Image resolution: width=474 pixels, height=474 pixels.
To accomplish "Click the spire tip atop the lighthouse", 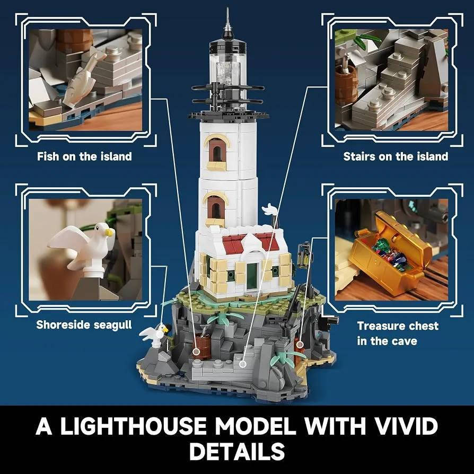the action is (x=227, y=8).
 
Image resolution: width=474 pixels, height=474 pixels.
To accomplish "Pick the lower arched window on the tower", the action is (x=215, y=208).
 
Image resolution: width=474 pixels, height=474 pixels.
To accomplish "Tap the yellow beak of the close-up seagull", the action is (x=109, y=232).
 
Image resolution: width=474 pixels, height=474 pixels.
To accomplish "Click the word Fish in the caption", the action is (x=48, y=156).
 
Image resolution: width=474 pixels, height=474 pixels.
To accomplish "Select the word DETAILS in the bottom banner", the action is (x=237, y=451).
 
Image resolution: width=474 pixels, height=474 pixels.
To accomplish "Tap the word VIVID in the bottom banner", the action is (x=405, y=426).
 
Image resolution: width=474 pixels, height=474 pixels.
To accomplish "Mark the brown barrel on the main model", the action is (x=201, y=346).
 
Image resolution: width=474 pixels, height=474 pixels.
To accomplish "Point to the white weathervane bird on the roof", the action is (x=269, y=209).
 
